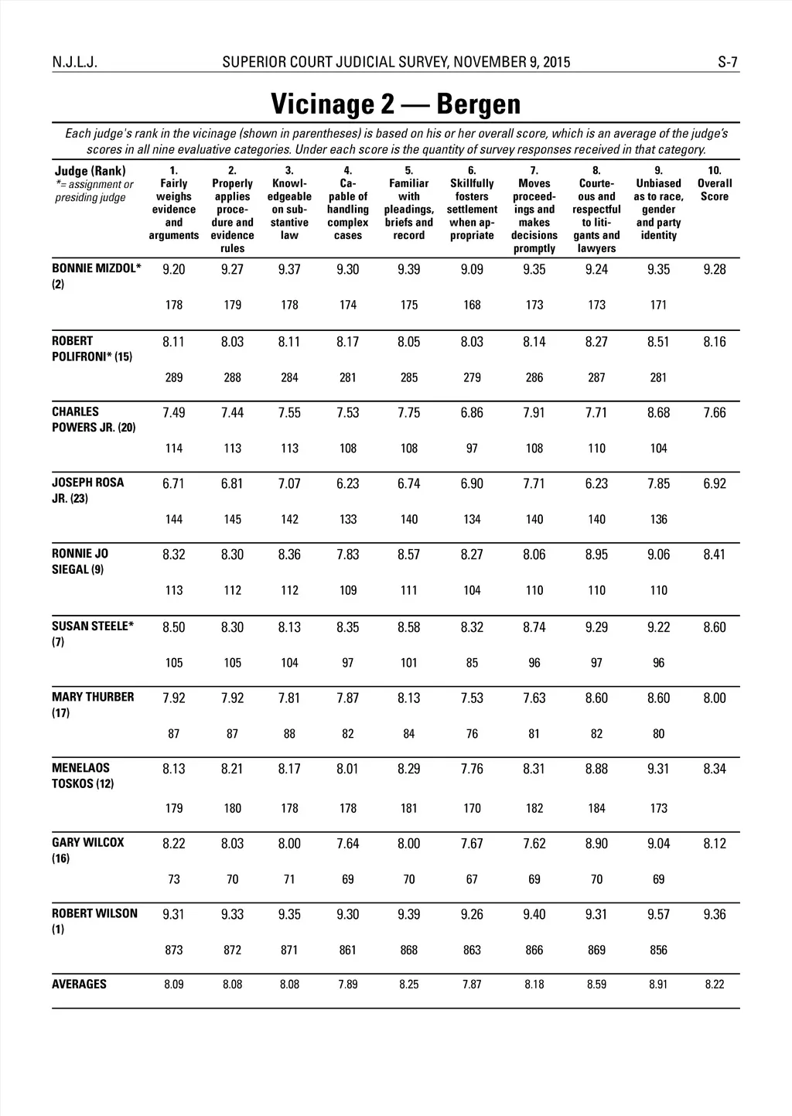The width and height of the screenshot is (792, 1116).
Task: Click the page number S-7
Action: point(728,63)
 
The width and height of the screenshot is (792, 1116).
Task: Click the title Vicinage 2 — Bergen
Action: point(395,104)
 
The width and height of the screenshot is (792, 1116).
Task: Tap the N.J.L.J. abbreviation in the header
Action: point(75,63)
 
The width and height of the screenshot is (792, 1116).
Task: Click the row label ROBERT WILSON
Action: point(94,913)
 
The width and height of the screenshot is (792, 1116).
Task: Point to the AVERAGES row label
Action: point(79,985)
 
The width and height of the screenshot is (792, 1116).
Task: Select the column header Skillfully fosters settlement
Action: point(472,203)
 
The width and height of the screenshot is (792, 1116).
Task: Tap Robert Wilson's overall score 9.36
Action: point(715,915)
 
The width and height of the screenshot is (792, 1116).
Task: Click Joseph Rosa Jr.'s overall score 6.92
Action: point(715,484)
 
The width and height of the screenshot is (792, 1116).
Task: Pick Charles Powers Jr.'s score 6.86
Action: point(472,413)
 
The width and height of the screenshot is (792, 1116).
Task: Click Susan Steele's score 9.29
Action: point(596,627)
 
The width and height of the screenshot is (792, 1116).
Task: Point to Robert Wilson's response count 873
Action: point(174,950)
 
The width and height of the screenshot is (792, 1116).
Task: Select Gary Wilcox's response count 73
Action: point(174,879)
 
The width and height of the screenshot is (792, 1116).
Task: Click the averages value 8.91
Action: point(658,985)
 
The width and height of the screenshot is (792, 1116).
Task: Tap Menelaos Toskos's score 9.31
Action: point(658,769)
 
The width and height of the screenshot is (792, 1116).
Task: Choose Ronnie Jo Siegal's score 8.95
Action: point(596,555)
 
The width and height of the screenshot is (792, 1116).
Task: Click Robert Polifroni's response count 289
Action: point(174,377)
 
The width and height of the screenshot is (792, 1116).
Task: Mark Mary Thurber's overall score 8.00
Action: point(715,698)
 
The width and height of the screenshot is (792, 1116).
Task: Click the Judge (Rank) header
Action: point(90,171)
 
